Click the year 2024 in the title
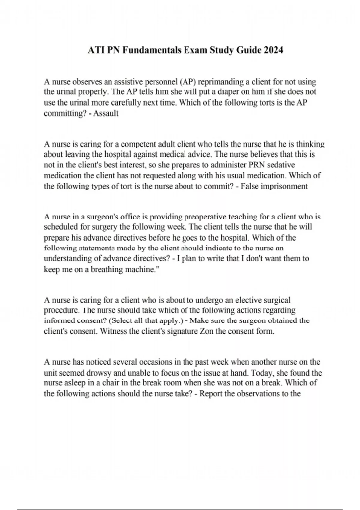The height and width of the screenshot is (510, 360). (273, 50)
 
